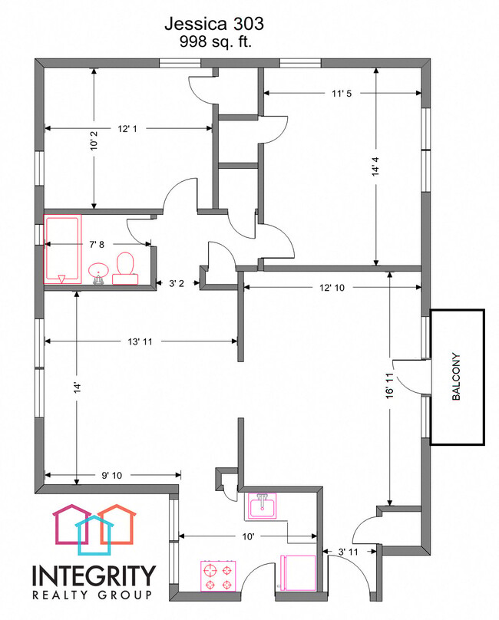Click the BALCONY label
tap(456, 377)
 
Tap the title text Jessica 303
tap(214, 24)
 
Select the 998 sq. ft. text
tap(215, 41)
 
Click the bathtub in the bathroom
tap(62, 249)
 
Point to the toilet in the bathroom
tap(125, 269)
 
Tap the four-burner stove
tap(219, 576)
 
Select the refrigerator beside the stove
tap(298, 573)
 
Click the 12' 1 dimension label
tap(127, 128)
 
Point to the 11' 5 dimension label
tap(342, 94)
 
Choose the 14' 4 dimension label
tap(375, 166)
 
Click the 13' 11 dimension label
tap(140, 341)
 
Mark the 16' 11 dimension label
tap(390, 385)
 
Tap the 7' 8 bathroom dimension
tap(97, 245)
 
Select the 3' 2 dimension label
tap(176, 283)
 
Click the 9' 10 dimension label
tap(112, 475)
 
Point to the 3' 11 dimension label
tap(349, 552)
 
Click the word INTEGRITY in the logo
tap(94, 575)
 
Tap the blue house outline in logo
tap(94, 535)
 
